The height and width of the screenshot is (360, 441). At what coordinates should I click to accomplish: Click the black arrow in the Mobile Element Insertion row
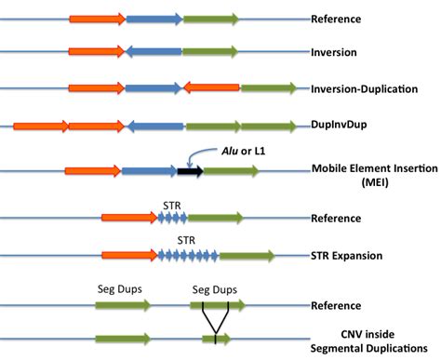(191, 170)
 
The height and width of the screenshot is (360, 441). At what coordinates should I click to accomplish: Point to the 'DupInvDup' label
(339, 123)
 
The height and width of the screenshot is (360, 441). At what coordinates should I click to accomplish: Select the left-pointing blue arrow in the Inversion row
(154, 53)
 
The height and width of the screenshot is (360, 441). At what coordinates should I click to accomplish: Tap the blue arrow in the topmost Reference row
(154, 19)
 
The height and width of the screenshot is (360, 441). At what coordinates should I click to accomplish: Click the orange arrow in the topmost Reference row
(97, 19)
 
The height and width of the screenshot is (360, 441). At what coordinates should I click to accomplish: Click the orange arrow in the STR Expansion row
(129, 254)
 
